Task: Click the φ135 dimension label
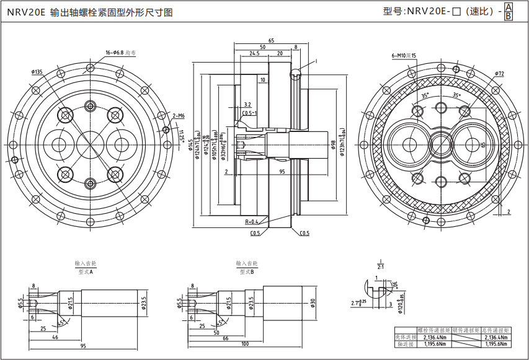37,72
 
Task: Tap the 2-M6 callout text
179,115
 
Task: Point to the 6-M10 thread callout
403,56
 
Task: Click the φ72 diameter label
499,74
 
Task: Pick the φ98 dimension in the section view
333,147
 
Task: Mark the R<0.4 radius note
251,221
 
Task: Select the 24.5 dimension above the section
254,54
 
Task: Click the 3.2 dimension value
247,105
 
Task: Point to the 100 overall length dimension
245,344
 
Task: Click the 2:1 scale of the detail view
380,266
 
